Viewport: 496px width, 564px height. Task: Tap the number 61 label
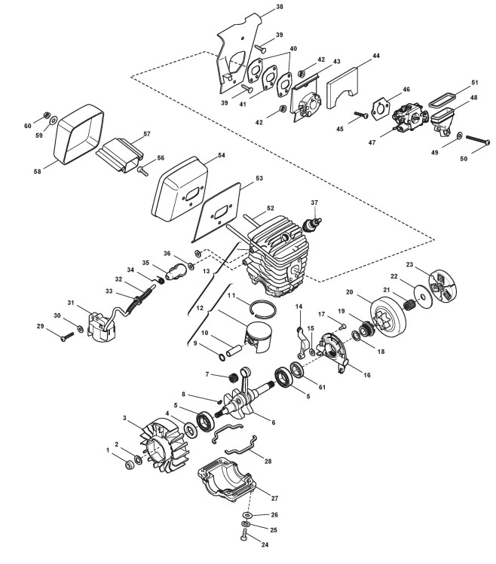(323, 387)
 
